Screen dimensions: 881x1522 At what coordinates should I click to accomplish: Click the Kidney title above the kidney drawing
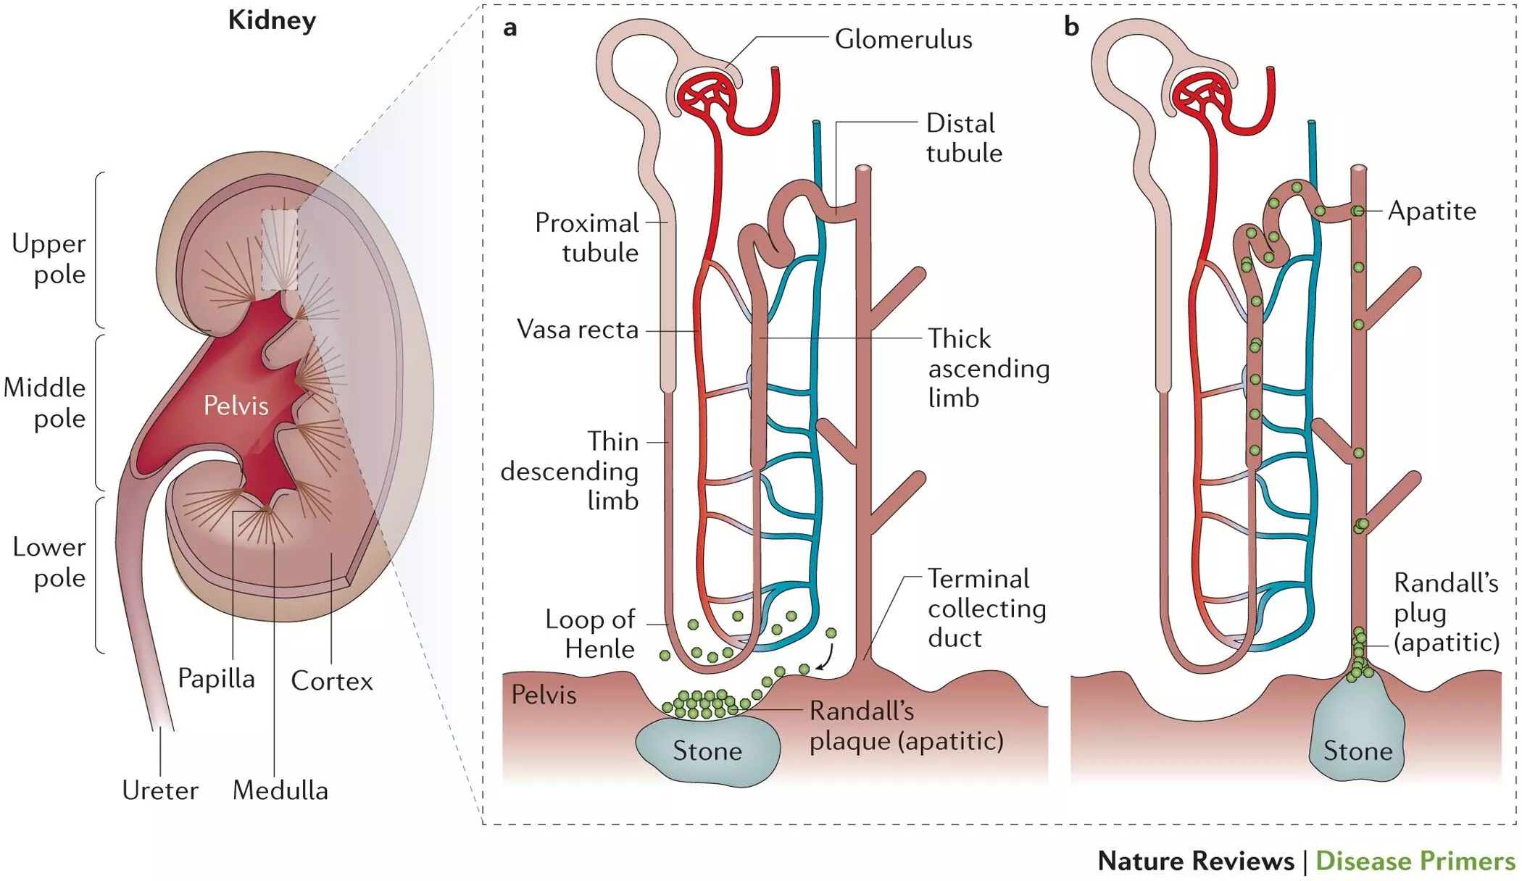coord(272,20)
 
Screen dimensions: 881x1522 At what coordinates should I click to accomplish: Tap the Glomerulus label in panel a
coord(903,39)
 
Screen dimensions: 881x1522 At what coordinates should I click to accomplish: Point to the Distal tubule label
coord(963,138)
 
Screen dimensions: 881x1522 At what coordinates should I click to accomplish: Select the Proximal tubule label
coord(586,238)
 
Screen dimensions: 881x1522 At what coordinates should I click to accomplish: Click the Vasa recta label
coord(578,330)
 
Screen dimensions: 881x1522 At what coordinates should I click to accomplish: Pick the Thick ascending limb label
coord(989,368)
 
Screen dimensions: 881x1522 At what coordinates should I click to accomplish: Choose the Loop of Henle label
coord(591,634)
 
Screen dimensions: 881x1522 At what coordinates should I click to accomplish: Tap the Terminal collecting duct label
coord(986,609)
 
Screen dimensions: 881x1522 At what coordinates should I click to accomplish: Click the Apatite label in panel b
coord(1431,211)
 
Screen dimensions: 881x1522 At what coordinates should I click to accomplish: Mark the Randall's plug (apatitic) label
coord(1446,613)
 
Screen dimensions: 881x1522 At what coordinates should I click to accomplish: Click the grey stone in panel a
coord(707,751)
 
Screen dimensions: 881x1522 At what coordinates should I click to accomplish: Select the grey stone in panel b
coord(1357,739)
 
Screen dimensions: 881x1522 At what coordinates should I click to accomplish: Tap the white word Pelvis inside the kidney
coord(236,406)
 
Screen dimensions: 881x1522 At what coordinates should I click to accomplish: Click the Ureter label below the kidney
coord(159,790)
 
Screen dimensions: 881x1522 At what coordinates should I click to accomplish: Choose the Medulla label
coord(280,790)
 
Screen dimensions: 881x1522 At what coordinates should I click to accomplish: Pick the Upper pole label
coord(49,259)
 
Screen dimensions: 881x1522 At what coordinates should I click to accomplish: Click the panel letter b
coord(1071,27)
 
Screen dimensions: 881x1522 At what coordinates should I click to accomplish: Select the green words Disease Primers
coord(1415,861)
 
